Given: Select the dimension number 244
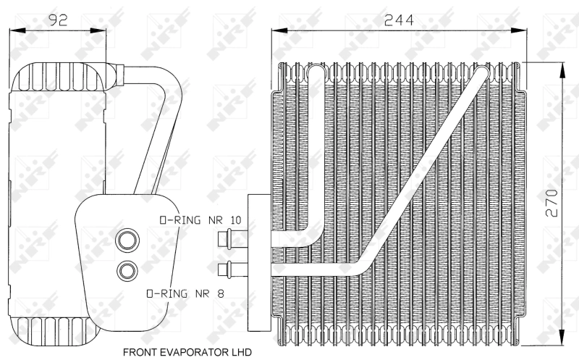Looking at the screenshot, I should pos(399,20).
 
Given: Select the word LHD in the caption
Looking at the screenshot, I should pos(239,353).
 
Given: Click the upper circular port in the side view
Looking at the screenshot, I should pos(128,239).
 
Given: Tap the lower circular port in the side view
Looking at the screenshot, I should pos(128,271).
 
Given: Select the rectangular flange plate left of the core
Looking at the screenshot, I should pos(256,261).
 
